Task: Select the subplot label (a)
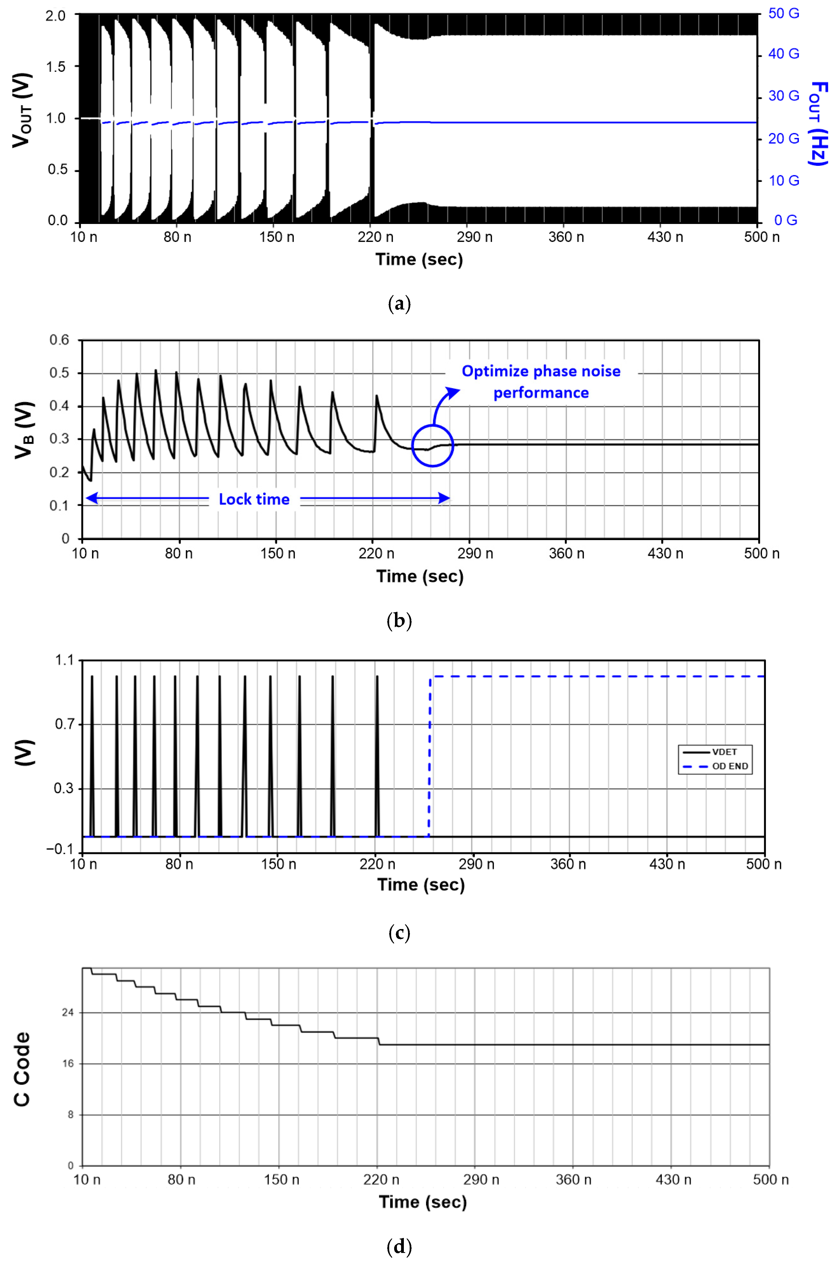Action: (399, 304)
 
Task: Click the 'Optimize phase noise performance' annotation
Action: (541, 382)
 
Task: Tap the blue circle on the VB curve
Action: (432, 445)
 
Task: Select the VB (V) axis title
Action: (24, 430)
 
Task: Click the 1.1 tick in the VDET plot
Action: (64, 660)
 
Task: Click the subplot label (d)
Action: (399, 1247)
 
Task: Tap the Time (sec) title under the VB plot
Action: (419, 576)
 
